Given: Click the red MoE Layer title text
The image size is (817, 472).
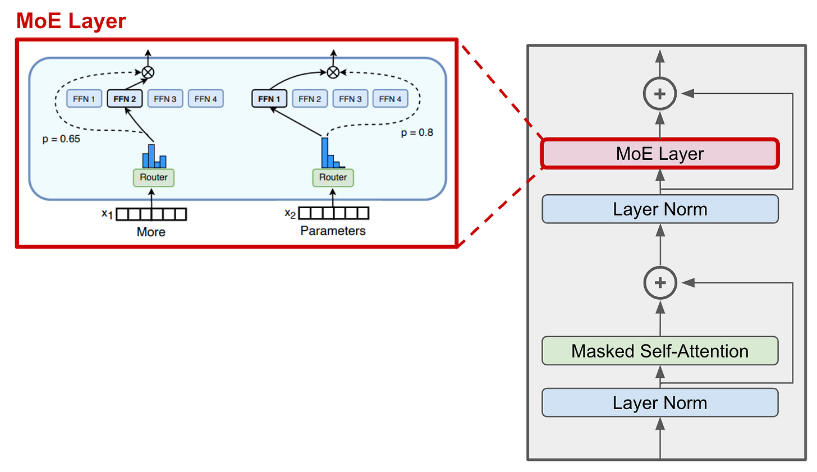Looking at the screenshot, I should click(71, 21).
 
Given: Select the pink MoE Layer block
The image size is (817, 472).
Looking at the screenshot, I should click(660, 154).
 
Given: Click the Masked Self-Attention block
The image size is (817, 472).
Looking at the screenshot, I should click(660, 351).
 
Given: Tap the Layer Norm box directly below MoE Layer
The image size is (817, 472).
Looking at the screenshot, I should click(660, 209).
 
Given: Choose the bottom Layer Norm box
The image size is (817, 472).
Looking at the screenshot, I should click(660, 403).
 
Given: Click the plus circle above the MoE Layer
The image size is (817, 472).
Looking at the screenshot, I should click(660, 94).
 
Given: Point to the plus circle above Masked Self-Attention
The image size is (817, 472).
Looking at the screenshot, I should click(660, 283).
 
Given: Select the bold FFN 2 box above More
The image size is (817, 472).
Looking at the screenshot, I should click(125, 99).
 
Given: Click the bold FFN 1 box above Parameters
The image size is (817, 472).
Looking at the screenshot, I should click(269, 99).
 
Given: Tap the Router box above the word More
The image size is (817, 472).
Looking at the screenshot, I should click(154, 177).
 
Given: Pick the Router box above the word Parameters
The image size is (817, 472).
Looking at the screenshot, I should click(333, 177).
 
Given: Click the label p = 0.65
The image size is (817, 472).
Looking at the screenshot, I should click(61, 139).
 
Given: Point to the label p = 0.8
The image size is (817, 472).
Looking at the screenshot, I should click(417, 132).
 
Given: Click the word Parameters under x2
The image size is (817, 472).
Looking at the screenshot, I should click(333, 231).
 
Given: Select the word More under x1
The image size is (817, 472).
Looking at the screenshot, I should click(151, 232).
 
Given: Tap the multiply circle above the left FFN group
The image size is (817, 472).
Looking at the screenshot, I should click(148, 72).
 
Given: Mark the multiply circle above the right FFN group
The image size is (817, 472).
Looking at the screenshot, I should click(333, 72).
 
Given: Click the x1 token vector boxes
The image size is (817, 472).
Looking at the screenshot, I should click(151, 214).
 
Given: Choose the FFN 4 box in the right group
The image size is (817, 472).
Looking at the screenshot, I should click(390, 99).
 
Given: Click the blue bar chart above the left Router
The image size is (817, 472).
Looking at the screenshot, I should click(154, 157).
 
